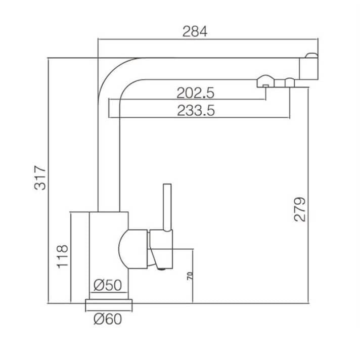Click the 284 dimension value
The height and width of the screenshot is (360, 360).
[x=195, y=31]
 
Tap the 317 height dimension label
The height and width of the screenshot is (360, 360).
[x=40, y=177]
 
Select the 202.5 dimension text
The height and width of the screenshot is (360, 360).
[x=195, y=93]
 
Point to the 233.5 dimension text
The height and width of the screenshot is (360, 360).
[x=196, y=110]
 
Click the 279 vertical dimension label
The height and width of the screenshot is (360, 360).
[x=300, y=209]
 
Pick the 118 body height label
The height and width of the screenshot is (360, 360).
[x=63, y=256]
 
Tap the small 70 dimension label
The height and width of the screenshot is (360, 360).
[x=190, y=276]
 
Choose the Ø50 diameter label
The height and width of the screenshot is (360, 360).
[x=108, y=285]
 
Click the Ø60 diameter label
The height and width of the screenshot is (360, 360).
[x=108, y=319]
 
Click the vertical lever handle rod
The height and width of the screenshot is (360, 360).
[x=167, y=207]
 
